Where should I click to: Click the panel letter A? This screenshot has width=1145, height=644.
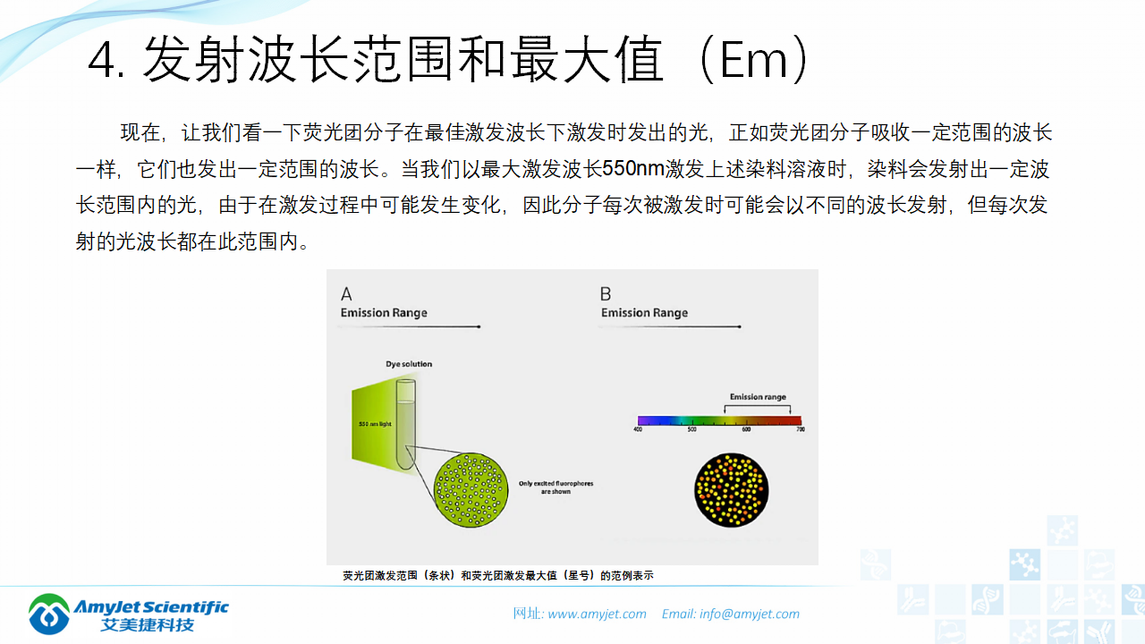pos(346,294)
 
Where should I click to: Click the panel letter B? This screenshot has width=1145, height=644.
pos(606,294)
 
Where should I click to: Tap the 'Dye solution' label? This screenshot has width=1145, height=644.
pos(409,364)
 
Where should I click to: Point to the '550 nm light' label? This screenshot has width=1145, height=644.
pos(376,423)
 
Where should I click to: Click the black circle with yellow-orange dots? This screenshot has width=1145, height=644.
pos(731,490)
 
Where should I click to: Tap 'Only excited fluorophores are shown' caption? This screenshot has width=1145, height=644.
pos(556,487)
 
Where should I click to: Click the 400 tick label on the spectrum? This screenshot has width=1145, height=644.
pos(638,430)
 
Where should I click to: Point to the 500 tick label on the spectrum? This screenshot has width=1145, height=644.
pos(691,430)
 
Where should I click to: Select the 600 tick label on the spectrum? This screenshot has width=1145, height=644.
pos(746,430)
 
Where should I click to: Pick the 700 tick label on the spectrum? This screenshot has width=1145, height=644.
pos(800,430)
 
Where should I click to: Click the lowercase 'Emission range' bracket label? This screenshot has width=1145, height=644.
pos(758,396)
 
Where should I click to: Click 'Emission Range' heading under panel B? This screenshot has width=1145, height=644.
pos(644,313)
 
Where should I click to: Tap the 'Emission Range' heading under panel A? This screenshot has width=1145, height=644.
pos(384,313)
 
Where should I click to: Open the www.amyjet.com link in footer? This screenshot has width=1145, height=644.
pos(597,614)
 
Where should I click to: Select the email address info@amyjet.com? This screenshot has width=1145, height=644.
pos(749,614)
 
